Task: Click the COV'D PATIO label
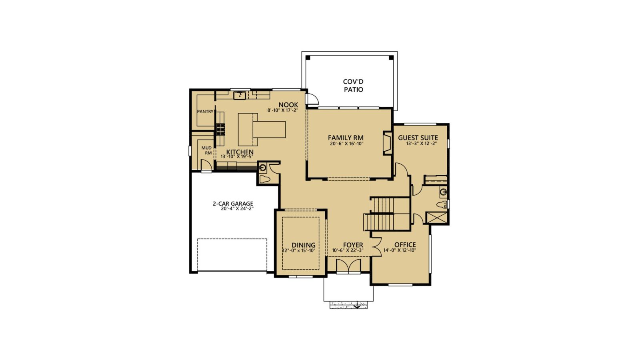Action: pyautogui.click(x=353, y=86)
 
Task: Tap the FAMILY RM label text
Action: pyautogui.click(x=346, y=138)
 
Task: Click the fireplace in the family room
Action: pyautogui.click(x=387, y=143)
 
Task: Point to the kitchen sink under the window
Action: pyautogui.click(x=240, y=95)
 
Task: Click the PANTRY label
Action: pyautogui.click(x=205, y=112)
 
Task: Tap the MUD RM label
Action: pyautogui.click(x=206, y=150)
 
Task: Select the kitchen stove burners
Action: pyautogui.click(x=220, y=128)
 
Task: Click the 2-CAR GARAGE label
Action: pyautogui.click(x=232, y=204)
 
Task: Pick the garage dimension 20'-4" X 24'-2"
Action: pyautogui.click(x=237, y=208)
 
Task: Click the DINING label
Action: pyautogui.click(x=303, y=245)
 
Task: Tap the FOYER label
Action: pyautogui.click(x=353, y=245)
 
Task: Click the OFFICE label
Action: pyautogui.click(x=405, y=245)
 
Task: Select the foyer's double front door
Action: pyautogui.click(x=348, y=266)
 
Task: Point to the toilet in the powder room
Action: pyautogui.click(x=264, y=178)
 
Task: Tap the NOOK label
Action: pyautogui.click(x=288, y=105)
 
